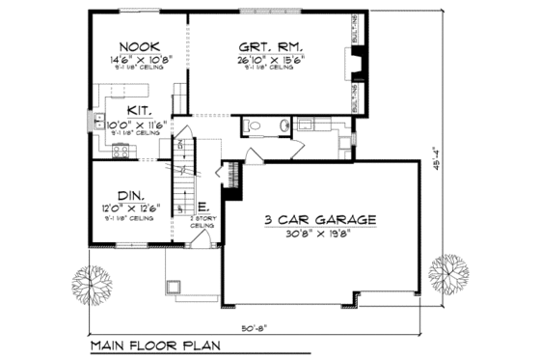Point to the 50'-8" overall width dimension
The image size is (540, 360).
coord(254,326)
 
